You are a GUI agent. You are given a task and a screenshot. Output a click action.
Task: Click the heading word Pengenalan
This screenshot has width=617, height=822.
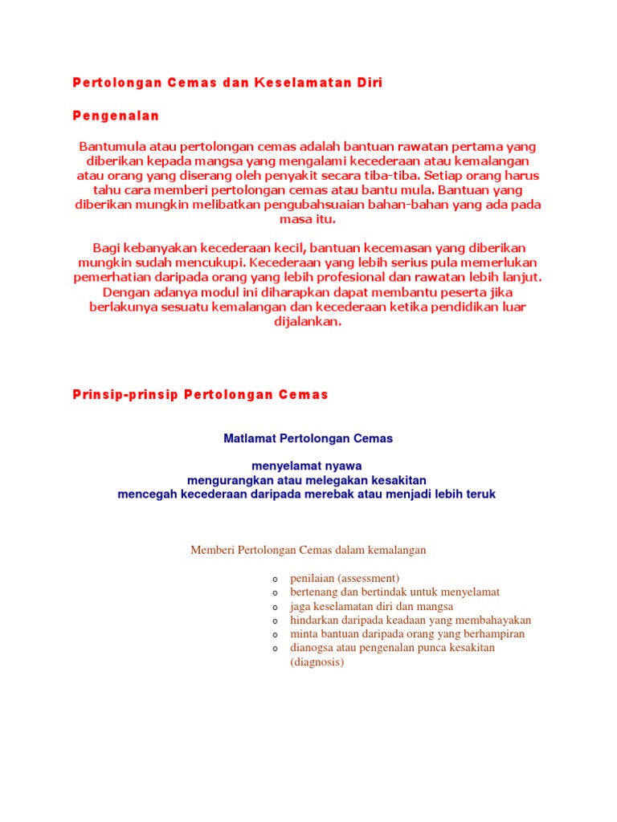(x=116, y=116)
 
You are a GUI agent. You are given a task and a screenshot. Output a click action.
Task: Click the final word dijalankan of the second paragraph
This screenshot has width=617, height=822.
(x=308, y=321)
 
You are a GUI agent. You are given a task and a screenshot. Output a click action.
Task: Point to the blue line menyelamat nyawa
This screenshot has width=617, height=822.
(x=307, y=466)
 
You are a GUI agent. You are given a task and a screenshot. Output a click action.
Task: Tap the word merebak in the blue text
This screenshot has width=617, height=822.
(x=350, y=494)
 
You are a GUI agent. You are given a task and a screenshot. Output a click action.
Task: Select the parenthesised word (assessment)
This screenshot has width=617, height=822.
(x=367, y=578)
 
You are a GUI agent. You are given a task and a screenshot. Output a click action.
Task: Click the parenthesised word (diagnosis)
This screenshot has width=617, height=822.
(x=317, y=662)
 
